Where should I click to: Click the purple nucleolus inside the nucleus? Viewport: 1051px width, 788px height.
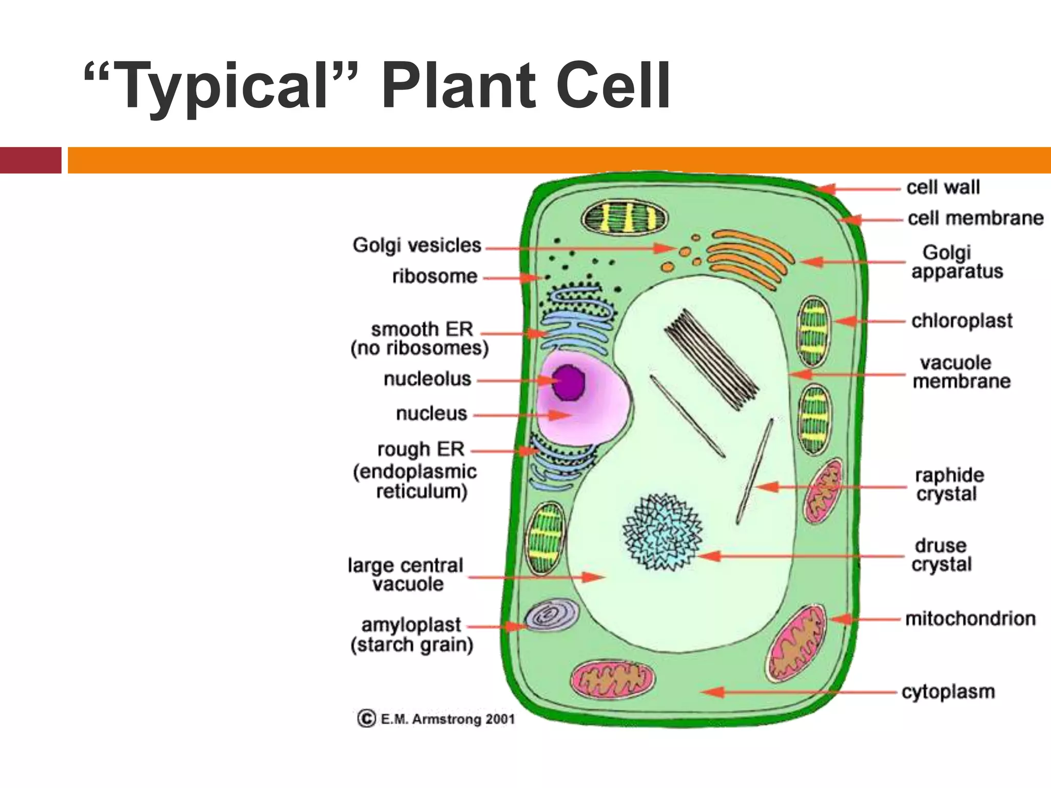(x=568, y=382)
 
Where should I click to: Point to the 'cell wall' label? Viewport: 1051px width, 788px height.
(x=943, y=187)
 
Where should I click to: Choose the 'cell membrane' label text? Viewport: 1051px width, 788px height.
(x=975, y=218)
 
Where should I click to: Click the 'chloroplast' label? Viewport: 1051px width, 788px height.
(x=962, y=321)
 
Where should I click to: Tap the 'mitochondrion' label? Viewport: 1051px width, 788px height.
(x=970, y=619)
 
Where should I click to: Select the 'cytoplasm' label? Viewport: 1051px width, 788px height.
(x=948, y=692)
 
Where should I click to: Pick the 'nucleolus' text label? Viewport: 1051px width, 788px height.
(x=427, y=379)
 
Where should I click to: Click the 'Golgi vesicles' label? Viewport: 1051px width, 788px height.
(x=417, y=245)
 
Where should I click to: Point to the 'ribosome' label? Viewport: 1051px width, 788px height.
(x=435, y=277)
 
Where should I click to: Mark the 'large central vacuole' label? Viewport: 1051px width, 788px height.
(x=405, y=575)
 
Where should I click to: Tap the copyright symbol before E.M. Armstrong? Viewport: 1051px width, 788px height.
(x=366, y=718)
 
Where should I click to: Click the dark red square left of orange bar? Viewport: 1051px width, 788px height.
(x=30, y=160)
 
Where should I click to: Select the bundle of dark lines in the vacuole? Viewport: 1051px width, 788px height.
(x=711, y=359)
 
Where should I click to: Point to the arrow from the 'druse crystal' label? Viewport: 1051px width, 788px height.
(x=801, y=556)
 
